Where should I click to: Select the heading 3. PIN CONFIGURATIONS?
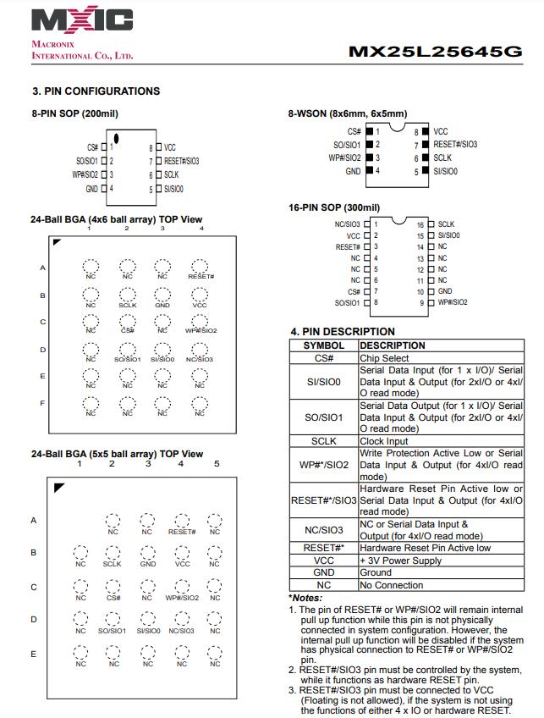click(96, 91)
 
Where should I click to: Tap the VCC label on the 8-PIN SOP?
click(170, 147)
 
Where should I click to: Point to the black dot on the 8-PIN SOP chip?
click(118, 138)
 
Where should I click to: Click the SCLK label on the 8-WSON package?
click(442, 157)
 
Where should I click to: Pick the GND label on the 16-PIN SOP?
click(445, 291)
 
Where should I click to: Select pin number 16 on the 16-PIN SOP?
click(420, 224)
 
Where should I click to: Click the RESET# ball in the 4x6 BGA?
click(200, 268)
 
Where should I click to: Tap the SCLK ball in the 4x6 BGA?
click(127, 296)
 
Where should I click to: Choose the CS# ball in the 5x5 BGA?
click(113, 590)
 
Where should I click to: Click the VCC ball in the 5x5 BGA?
click(182, 556)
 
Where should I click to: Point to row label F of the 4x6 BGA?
click(42, 403)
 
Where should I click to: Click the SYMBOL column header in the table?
click(323, 345)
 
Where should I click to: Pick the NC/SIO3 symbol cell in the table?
click(323, 530)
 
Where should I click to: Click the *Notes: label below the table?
click(305, 598)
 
